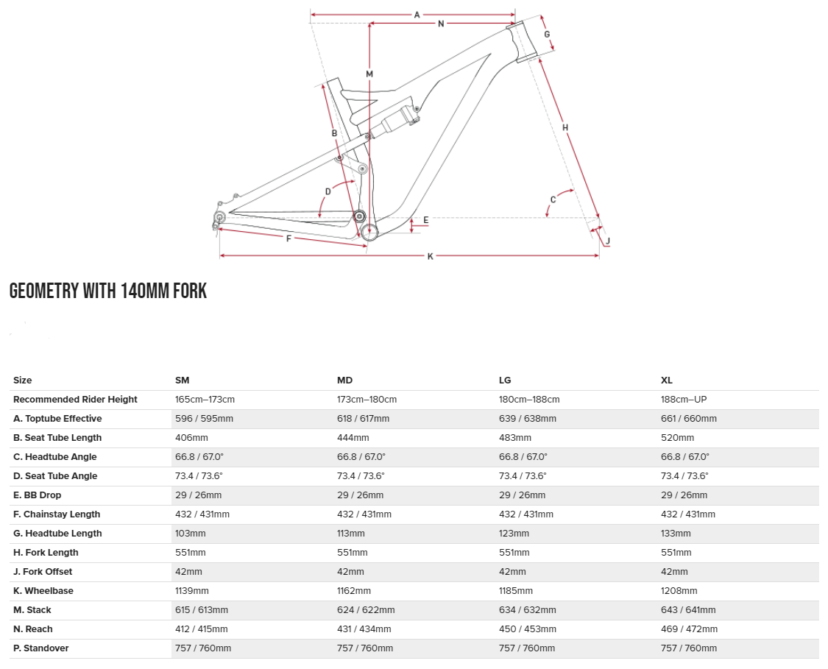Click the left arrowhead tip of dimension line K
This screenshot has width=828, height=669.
click(219, 255)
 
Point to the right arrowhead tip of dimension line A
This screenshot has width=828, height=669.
click(515, 14)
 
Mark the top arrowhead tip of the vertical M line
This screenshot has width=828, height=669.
click(369, 24)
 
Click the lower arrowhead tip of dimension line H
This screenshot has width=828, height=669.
click(599, 216)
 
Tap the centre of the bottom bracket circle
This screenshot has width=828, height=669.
click(369, 231)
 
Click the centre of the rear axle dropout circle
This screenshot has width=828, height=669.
click(219, 216)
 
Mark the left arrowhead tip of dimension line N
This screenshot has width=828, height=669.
click(369, 24)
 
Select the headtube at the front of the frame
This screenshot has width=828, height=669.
click(523, 42)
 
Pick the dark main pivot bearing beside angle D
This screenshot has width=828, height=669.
click(360, 216)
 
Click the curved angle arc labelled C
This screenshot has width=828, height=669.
click(558, 200)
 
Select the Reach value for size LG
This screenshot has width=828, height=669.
click(527, 629)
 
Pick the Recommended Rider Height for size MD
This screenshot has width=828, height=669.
click(367, 400)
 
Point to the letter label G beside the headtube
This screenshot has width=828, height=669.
click(547, 35)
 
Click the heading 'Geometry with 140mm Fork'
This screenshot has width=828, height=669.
click(108, 291)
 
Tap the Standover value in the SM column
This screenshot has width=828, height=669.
click(203, 648)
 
